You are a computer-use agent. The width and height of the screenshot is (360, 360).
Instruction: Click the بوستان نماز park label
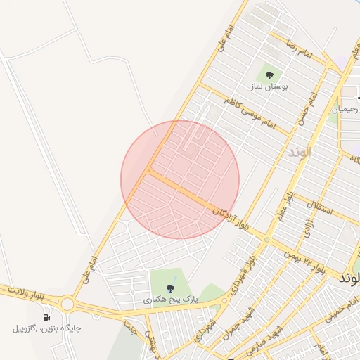pyautogui.click(x=268, y=86)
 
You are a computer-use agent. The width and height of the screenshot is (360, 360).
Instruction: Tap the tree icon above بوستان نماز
pyautogui.click(x=269, y=73)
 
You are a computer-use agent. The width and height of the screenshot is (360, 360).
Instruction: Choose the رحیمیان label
pyautogui.click(x=345, y=110)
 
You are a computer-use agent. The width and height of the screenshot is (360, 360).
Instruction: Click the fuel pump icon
pyautogui.click(x=47, y=316)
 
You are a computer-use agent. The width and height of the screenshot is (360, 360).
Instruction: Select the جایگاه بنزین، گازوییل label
pyautogui.click(x=47, y=328)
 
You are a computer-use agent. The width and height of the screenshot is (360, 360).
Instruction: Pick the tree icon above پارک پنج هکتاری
pyautogui.click(x=170, y=288)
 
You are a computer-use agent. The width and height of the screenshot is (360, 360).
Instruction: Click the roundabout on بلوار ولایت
pyautogui.click(x=67, y=304)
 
